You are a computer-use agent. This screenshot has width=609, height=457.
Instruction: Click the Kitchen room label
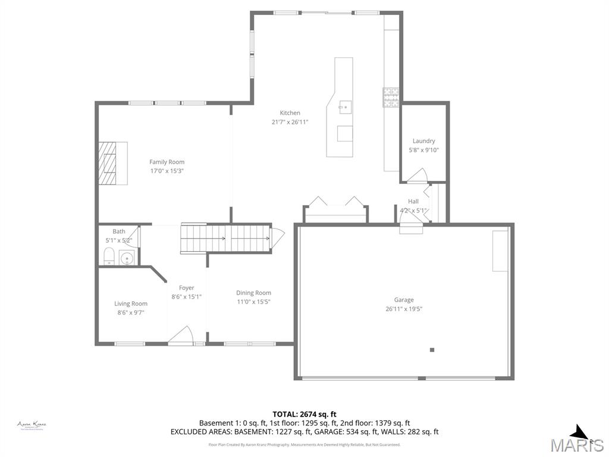coord(290,113)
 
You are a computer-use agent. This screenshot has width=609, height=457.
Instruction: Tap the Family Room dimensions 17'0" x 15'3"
coord(167,171)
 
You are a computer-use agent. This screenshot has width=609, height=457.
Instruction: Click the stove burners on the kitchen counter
coord(390,98)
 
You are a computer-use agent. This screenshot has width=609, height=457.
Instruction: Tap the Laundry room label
coord(424,141)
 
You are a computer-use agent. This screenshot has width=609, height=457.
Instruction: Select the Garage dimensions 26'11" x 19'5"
coord(404,309)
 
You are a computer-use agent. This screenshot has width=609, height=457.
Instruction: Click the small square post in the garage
coord(432,350)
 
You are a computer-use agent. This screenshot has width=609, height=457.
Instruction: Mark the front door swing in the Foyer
coord(181,335)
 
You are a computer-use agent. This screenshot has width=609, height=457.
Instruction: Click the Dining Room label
coord(253,293)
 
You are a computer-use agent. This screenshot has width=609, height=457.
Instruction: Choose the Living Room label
coord(131,303)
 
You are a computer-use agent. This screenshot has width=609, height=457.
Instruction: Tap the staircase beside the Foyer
coord(226,239)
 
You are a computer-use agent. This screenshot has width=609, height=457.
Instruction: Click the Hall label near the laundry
coord(413,202)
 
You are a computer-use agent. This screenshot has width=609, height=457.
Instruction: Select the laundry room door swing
coord(416,175)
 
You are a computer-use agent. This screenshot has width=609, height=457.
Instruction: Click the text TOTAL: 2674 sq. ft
coord(304,414)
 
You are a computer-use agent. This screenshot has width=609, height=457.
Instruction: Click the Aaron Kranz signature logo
coord(32,425)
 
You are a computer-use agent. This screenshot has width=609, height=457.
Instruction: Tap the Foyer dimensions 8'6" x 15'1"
coord(187,297)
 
